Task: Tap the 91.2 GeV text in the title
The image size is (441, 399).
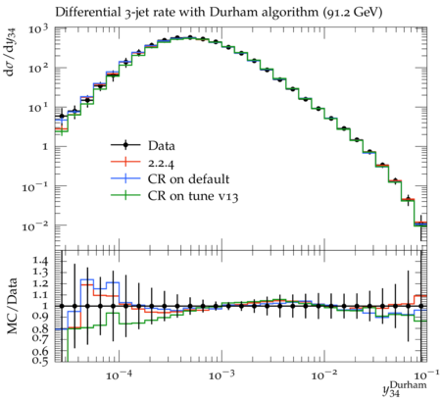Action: tap(352, 13)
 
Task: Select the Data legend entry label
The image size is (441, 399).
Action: tap(162, 146)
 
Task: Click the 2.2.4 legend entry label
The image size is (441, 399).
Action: tap(161, 163)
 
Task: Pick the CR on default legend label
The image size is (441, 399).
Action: tap(188, 179)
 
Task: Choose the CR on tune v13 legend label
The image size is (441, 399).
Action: tap(193, 196)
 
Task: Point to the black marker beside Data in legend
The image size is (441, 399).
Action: tap(125, 145)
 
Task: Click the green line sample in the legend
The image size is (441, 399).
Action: tap(125, 196)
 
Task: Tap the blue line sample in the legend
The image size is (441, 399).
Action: tap(125, 179)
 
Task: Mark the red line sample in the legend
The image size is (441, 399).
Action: tap(125, 163)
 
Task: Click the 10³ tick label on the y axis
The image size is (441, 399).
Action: tap(38, 29)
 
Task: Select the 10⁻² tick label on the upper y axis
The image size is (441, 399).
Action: tap(34, 225)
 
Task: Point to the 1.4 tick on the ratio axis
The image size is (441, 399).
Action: tap(40, 261)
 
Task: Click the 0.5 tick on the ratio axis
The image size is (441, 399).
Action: tap(40, 360)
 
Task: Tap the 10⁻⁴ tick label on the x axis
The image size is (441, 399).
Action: tap(120, 375)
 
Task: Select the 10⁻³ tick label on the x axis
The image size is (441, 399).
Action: tap(222, 375)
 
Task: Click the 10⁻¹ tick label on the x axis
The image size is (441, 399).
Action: tap(422, 374)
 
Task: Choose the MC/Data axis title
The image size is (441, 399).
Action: tap(12, 306)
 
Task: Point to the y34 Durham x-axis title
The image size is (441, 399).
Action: tap(405, 389)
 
